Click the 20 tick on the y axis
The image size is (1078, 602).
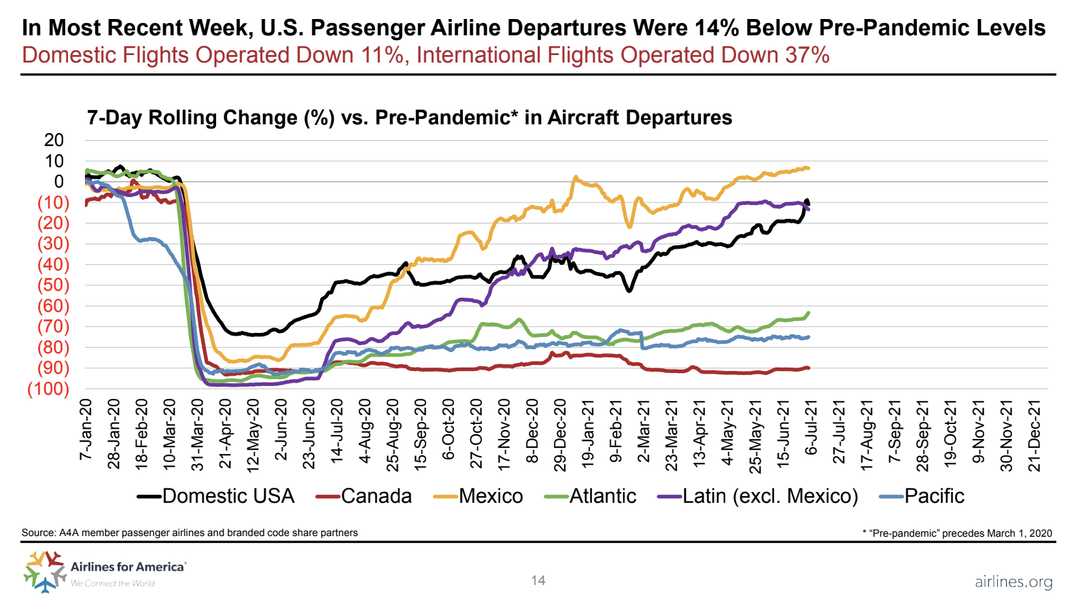click(54, 140)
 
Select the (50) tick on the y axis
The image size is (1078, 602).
click(53, 285)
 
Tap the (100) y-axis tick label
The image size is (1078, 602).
click(48, 389)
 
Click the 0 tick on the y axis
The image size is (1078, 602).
click(59, 181)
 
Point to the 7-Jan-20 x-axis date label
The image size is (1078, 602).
click(86, 429)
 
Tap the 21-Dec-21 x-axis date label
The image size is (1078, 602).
click(1034, 435)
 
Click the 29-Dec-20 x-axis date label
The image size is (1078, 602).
click(560, 435)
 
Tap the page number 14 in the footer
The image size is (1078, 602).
click(538, 580)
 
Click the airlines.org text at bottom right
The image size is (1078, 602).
click(1013, 582)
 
